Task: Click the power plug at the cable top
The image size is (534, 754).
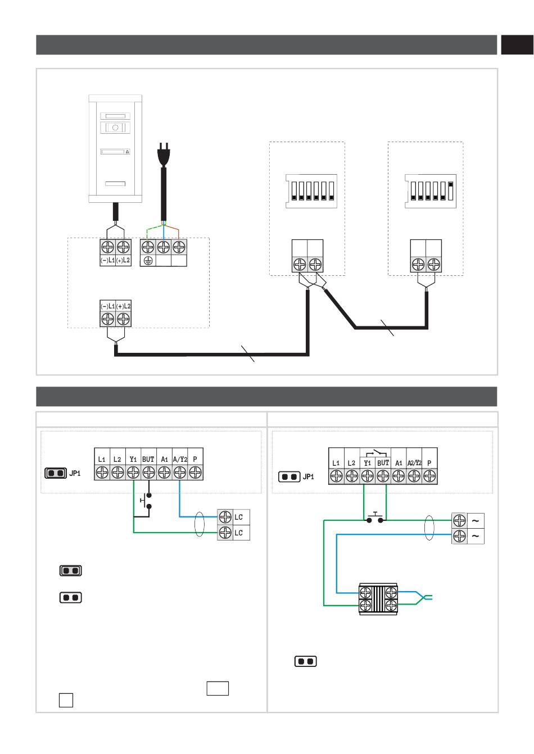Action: pyautogui.click(x=164, y=155)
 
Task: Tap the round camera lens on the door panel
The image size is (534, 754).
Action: pyautogui.click(x=115, y=128)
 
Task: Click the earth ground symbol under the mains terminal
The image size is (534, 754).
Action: pyautogui.click(x=148, y=261)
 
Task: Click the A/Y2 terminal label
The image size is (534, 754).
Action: pyautogui.click(x=180, y=459)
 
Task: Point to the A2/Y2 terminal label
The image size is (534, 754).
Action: pyautogui.click(x=414, y=463)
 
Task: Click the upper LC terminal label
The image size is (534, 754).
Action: pyautogui.click(x=238, y=517)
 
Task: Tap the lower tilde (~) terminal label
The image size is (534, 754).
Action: pyautogui.click(x=475, y=535)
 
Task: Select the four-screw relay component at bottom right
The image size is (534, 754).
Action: pyautogui.click(x=378, y=599)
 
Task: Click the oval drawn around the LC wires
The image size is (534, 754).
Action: pyautogui.click(x=200, y=524)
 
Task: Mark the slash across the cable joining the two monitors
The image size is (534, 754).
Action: pyautogui.click(x=387, y=328)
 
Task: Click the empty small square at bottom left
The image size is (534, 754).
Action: pyautogui.click(x=66, y=700)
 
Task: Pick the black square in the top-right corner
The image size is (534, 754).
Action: pyautogui.click(x=517, y=45)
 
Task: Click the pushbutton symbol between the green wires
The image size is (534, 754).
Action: pyautogui.click(x=375, y=517)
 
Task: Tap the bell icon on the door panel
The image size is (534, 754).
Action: pyautogui.click(x=127, y=152)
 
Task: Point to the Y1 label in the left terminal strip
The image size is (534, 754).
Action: pyautogui.click(x=133, y=459)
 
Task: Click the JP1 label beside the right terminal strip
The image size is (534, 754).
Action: pyautogui.click(x=309, y=476)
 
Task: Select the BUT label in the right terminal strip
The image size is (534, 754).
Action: pyautogui.click(x=383, y=463)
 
